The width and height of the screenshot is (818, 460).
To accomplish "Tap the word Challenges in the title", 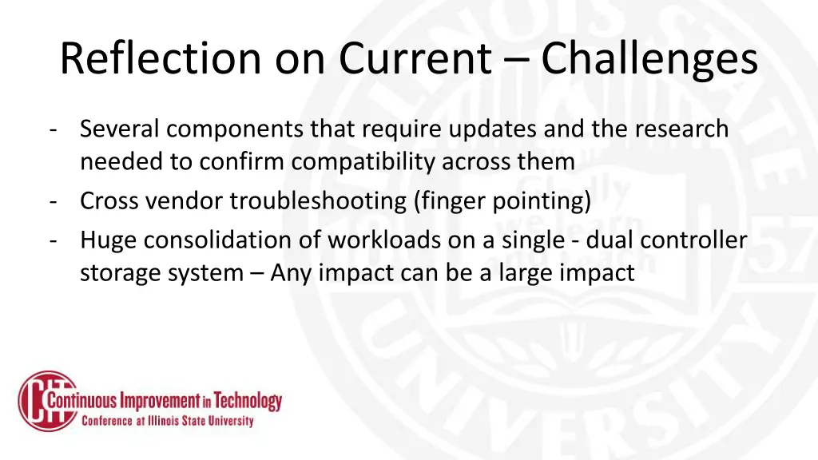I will point(649,58).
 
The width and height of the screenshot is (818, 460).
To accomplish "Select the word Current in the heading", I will point(415,58).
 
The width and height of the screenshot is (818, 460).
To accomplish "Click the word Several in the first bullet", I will point(120,128).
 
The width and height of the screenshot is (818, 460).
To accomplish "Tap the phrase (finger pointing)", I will point(502,200).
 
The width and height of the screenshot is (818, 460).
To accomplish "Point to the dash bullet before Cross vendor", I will point(52,200).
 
